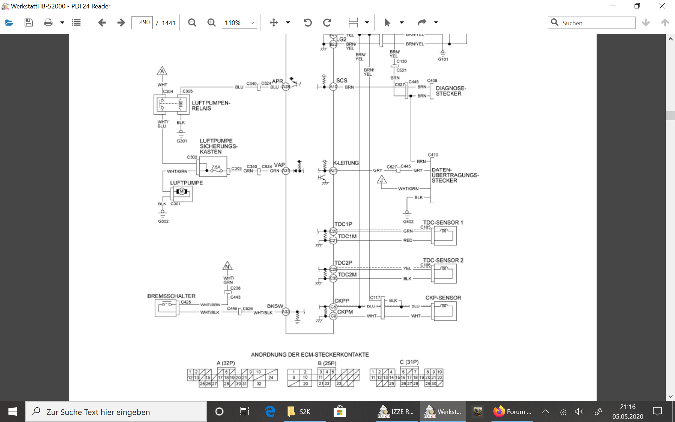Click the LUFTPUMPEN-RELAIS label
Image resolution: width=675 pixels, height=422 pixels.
coord(211,105)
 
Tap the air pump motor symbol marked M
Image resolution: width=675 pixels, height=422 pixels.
coord(182,192)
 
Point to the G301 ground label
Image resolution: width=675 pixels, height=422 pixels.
coord(182,141)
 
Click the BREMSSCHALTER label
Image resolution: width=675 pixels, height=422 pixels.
coord(171,296)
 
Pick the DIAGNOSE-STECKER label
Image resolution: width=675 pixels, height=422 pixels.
coord(451,91)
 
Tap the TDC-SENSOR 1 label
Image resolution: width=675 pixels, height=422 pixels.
coord(443,223)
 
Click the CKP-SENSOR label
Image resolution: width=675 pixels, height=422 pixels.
coord(443,298)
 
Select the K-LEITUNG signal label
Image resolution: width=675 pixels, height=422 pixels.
coord(346,163)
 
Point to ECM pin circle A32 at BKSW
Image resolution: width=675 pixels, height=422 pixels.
coord(286,312)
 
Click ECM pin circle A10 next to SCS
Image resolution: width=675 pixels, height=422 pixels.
coord(333,87)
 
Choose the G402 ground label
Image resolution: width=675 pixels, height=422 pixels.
coord(408,222)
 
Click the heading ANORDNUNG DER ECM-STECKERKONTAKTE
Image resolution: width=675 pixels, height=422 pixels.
coord(310,354)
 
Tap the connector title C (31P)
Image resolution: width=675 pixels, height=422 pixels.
coord(409,362)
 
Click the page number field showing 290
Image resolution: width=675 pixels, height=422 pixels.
coord(142,23)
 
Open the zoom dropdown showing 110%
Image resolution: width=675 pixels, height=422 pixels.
coord(239,23)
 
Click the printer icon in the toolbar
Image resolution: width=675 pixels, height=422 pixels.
coord(48,23)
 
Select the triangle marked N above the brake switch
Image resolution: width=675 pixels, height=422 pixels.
coord(227,266)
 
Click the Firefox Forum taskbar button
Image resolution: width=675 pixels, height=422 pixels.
coord(512,411)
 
